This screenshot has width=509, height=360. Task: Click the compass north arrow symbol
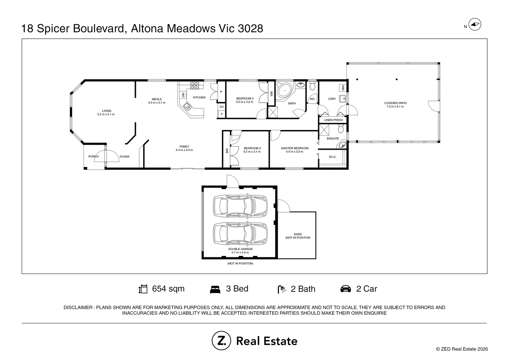point(475,24)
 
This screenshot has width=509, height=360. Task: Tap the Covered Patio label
point(395,103)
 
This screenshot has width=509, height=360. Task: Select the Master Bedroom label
point(295,148)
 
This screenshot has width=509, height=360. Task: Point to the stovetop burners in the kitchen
point(194,86)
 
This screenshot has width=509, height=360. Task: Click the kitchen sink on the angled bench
point(188,106)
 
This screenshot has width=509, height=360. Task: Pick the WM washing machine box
point(343,88)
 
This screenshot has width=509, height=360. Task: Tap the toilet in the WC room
point(312,86)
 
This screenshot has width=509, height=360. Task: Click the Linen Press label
point(333,120)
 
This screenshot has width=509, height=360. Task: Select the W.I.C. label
point(333,157)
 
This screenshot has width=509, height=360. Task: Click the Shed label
point(298,234)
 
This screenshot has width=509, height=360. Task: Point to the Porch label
point(93,156)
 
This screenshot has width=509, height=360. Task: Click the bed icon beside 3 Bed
point(215,289)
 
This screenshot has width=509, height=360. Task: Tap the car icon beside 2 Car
point(346,289)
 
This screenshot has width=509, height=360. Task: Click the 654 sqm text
point(168,289)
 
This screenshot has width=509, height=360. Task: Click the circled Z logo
point(221,340)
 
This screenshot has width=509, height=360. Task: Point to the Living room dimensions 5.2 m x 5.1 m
point(106,114)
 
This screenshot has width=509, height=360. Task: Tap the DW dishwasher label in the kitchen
point(183,95)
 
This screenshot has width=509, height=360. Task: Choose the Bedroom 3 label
point(245,98)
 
